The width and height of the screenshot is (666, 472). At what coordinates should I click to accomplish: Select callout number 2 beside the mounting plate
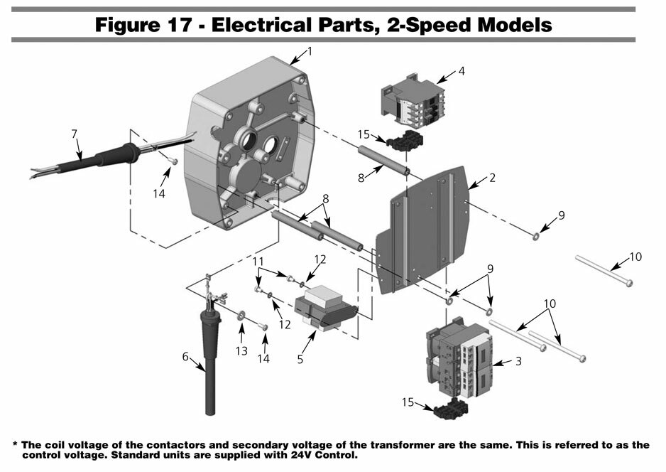pos(491,178)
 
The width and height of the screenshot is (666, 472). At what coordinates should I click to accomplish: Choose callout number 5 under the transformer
pos(300,360)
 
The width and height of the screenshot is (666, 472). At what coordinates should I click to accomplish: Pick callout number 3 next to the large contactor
pos(518,361)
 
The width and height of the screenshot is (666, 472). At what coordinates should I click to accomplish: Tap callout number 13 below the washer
pos(241,350)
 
